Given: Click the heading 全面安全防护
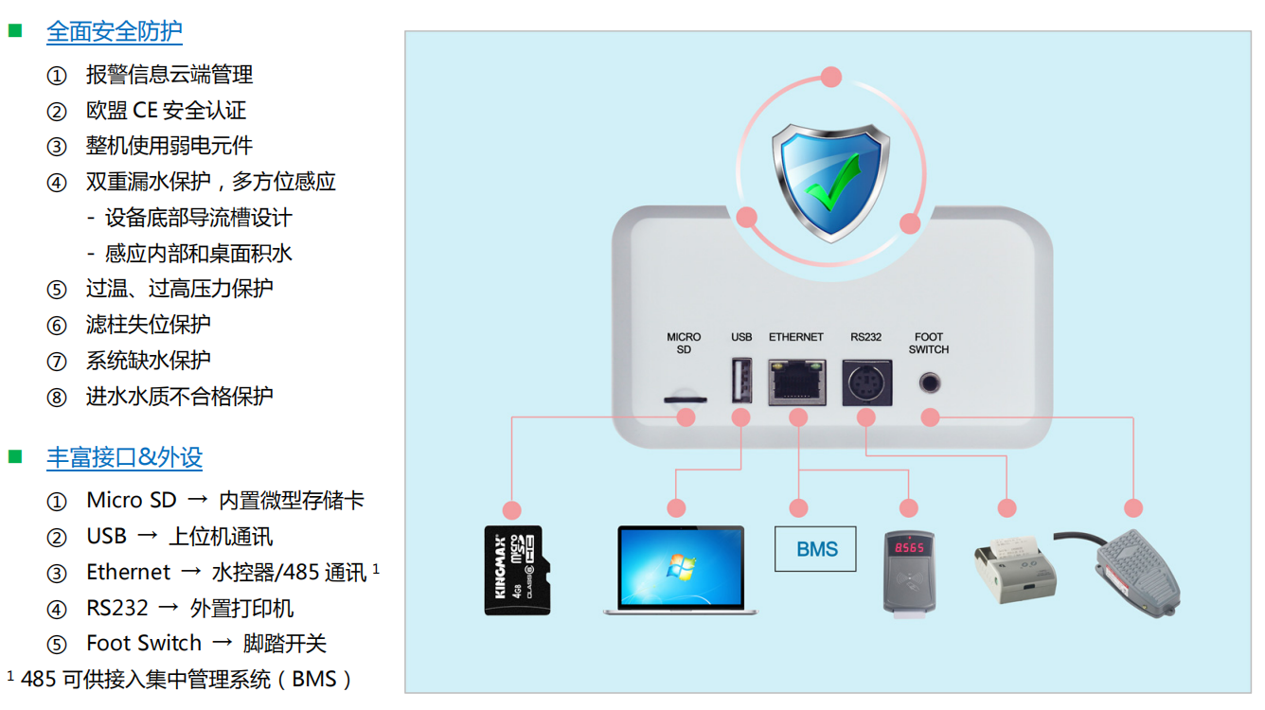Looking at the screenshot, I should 114,31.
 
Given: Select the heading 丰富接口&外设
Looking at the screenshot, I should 124,458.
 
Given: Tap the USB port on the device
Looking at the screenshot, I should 741,382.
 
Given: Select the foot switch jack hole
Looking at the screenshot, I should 930,383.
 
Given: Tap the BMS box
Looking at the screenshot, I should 815,549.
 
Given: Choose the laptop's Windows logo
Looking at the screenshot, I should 680,565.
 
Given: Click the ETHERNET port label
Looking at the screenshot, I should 796,337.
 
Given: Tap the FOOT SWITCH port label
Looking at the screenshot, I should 929,343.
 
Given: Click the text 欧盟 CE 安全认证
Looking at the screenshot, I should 166,111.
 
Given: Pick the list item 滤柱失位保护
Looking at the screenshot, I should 148,325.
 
